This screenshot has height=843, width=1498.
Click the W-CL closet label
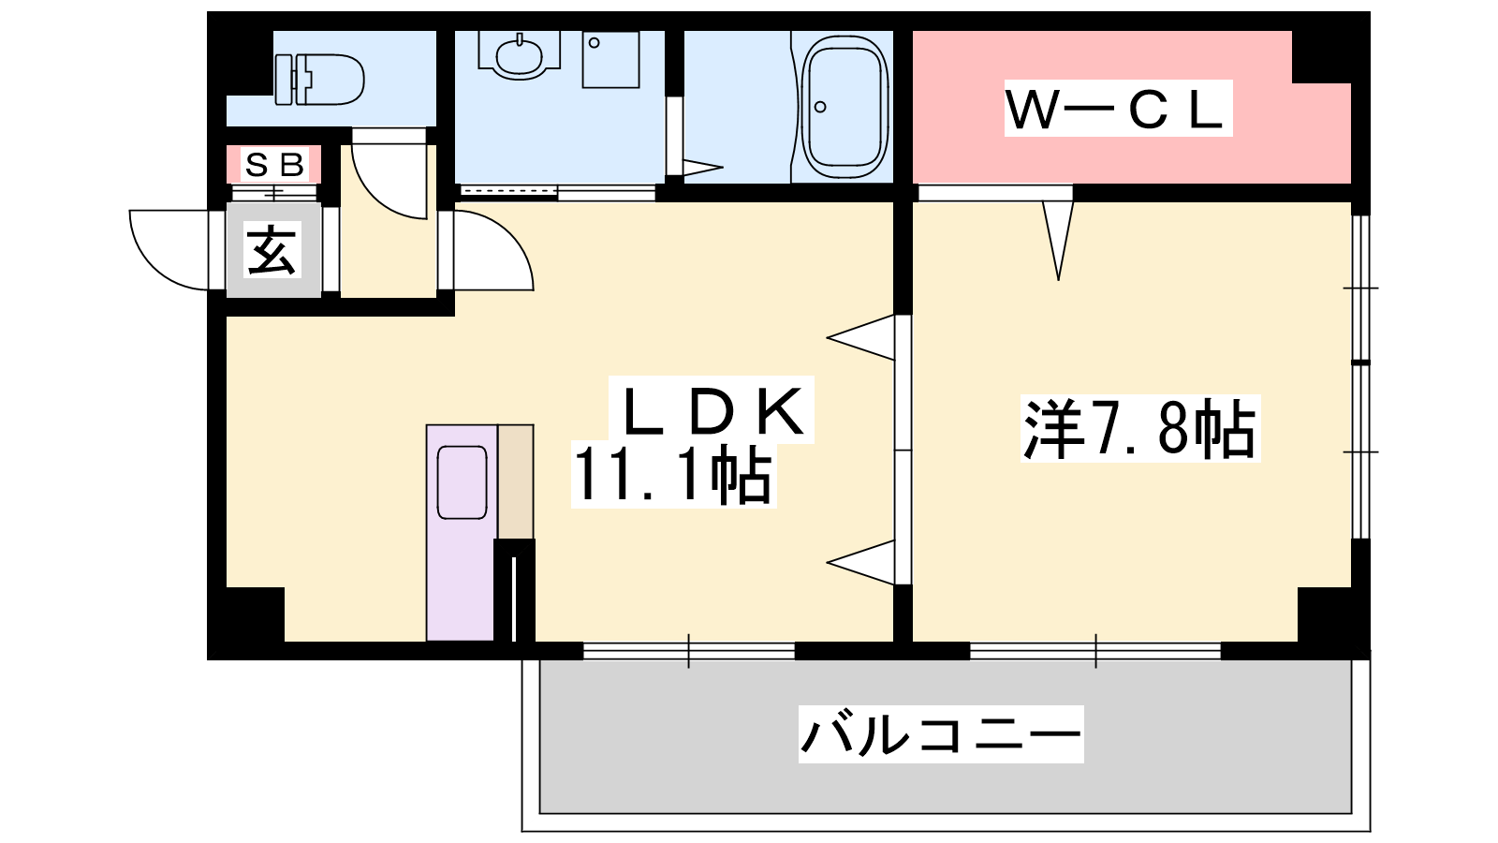1117,109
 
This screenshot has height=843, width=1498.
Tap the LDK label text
712,410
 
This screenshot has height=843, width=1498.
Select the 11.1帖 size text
673,476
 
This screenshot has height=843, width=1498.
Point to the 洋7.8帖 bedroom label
1139,429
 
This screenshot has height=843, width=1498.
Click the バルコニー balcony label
940,733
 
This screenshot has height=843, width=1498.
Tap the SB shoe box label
274,165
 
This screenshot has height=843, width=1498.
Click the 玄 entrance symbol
272,250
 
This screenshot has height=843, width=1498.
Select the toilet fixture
320,79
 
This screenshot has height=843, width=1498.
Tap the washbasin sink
519,56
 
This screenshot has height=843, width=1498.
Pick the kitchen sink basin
462,481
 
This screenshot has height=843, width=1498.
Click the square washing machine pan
610,59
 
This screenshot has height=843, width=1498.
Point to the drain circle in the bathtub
820,107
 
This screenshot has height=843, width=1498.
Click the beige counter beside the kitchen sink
515,481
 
